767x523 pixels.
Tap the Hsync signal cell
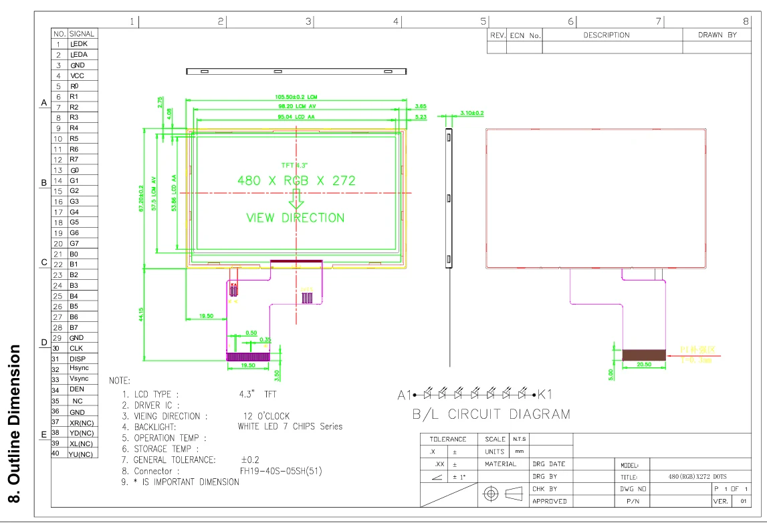(x=78, y=368)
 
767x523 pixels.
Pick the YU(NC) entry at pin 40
(x=80, y=454)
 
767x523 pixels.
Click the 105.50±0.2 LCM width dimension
(x=296, y=97)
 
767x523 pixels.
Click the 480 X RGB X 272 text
(x=296, y=180)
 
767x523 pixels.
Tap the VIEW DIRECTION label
(x=296, y=218)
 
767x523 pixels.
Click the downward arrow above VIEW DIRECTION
(x=296, y=199)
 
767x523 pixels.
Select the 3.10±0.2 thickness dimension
(x=471, y=114)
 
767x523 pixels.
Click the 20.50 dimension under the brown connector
(x=644, y=365)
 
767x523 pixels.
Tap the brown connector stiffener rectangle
(x=644, y=355)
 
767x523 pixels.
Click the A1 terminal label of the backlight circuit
(x=404, y=393)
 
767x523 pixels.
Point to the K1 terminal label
(x=546, y=393)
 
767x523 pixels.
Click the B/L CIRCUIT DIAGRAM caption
(x=491, y=414)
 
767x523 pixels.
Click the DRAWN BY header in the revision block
(x=717, y=35)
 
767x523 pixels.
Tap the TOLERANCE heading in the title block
(x=447, y=440)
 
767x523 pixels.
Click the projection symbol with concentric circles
(x=491, y=494)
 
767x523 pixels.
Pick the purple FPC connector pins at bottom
(x=248, y=357)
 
